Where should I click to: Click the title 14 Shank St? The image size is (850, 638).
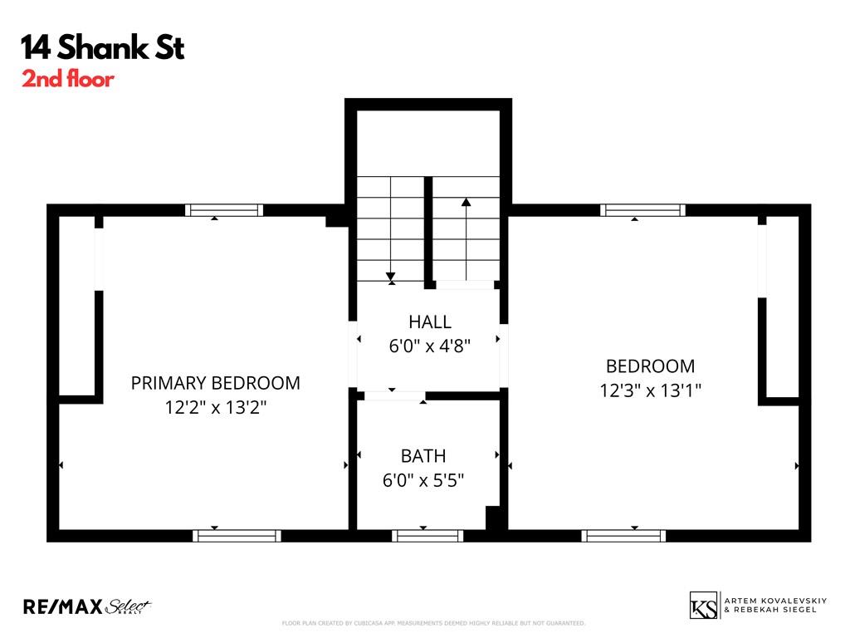(103, 48)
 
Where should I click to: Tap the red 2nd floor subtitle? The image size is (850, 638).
(68, 81)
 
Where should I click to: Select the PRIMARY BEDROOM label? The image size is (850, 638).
(215, 383)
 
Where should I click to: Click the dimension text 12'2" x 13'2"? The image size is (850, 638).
(215, 408)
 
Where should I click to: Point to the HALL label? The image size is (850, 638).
(429, 321)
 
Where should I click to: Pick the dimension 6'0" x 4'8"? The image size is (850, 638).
(429, 346)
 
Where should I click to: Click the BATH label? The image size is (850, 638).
(423, 455)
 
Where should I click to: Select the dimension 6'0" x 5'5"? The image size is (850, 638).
(423, 480)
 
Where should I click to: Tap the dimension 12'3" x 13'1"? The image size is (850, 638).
(651, 390)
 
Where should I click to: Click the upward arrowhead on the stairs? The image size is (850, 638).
(467, 201)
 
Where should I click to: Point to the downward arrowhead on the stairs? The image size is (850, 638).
(390, 277)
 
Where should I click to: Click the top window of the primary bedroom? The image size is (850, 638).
(223, 210)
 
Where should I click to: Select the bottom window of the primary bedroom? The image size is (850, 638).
(237, 536)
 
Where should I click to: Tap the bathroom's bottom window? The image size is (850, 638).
(427, 536)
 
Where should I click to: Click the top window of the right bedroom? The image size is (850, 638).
(643, 210)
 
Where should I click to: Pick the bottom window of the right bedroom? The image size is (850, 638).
(624, 536)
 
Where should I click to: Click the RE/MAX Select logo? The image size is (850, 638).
(87, 606)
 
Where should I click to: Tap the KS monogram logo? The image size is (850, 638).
(704, 605)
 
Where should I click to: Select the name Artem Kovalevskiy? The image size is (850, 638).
(771, 600)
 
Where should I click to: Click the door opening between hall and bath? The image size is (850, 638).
(394, 396)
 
